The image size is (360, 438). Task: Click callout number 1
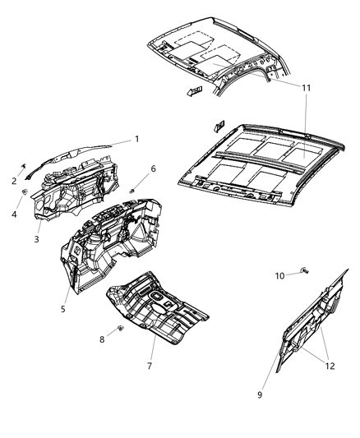136,139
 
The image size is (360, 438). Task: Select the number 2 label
14,181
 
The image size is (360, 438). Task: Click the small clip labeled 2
25,168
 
